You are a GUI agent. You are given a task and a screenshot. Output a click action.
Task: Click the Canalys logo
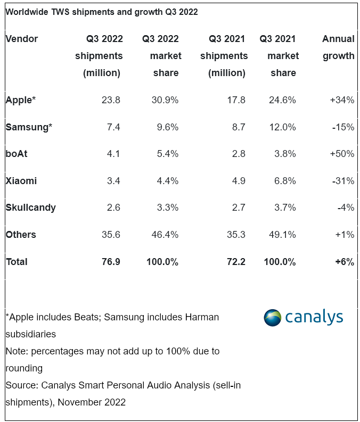[304, 318]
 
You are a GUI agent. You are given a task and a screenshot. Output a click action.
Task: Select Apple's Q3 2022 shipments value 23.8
[111, 100]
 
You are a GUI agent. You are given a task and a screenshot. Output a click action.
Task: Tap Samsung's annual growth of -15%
[343, 127]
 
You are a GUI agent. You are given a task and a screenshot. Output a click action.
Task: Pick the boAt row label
[17, 154]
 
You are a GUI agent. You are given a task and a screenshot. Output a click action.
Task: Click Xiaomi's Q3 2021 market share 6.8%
[285, 181]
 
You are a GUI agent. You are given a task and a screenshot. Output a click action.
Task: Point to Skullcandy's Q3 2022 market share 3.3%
[168, 208]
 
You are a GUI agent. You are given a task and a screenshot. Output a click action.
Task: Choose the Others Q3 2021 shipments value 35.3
[236, 234]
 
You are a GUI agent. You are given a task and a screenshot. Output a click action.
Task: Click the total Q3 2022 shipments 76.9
[111, 262]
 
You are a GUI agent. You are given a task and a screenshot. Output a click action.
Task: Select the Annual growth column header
[339, 47]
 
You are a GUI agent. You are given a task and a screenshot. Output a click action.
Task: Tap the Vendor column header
[22, 39]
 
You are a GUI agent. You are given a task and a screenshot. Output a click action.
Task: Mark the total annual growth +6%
[345, 262]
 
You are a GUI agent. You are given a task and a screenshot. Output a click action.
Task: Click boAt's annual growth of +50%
[342, 154]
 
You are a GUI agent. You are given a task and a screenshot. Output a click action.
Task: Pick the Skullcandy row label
[31, 208]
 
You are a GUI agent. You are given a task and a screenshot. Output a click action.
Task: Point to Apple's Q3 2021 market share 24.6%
[282, 100]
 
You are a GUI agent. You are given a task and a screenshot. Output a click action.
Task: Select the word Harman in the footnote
[202, 317]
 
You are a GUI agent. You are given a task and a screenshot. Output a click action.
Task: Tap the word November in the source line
[79, 402]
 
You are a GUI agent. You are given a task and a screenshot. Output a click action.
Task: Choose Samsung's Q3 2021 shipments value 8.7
[239, 127]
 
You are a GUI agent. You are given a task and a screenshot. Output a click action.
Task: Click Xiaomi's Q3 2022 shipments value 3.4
[113, 181]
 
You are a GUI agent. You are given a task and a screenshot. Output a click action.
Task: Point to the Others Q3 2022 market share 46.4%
[165, 234]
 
